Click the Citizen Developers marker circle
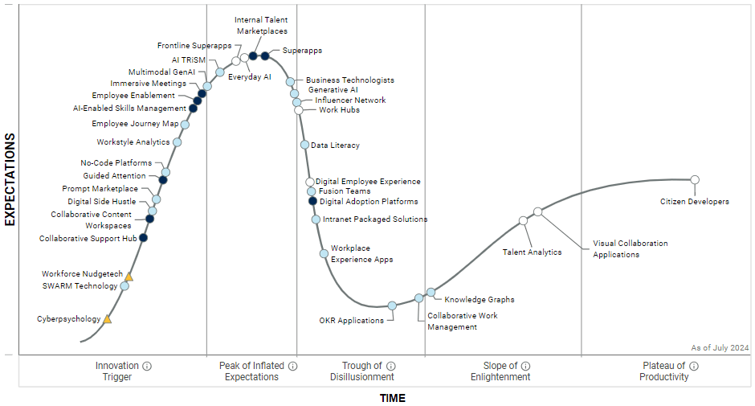click(x=695, y=179)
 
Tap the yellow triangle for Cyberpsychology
click(x=108, y=319)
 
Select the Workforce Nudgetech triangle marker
click(x=129, y=277)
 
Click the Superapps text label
click(x=302, y=51)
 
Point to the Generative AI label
click(x=333, y=90)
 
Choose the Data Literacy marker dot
click(x=304, y=145)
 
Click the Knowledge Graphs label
click(x=480, y=300)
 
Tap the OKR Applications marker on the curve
click(x=392, y=306)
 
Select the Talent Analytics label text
click(x=532, y=252)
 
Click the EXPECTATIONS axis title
click(x=10, y=179)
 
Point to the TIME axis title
click(x=393, y=398)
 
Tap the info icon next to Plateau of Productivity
click(x=694, y=366)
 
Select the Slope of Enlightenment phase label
click(x=500, y=371)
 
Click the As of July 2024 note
click(x=720, y=347)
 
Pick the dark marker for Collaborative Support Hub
click(x=143, y=237)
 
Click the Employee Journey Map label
click(x=135, y=124)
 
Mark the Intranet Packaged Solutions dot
click(x=316, y=219)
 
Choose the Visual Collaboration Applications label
click(x=630, y=248)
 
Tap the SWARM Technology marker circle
click(x=124, y=285)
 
